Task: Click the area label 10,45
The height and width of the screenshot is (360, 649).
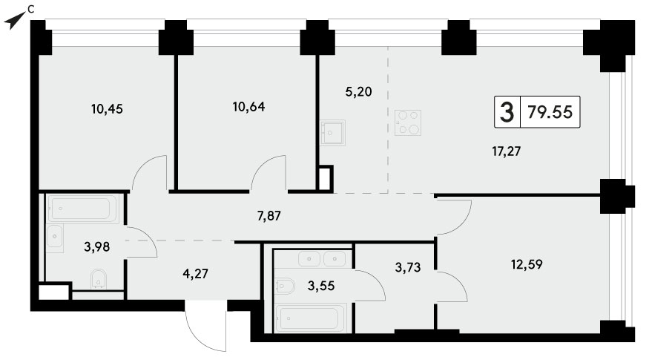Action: click(107, 109)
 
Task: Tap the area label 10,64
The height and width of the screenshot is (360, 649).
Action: click(248, 107)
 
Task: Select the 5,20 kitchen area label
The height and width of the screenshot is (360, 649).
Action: click(358, 91)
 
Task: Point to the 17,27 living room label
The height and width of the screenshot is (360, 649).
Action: click(506, 151)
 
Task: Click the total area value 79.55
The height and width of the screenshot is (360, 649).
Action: click(550, 112)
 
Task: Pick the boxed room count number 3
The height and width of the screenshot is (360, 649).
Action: click(507, 112)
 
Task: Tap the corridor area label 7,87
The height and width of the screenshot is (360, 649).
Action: click(269, 216)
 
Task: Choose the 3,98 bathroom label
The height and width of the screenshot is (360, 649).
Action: click(97, 247)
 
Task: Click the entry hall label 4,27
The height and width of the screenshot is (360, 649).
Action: click(195, 274)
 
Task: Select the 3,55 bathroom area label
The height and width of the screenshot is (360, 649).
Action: click(321, 286)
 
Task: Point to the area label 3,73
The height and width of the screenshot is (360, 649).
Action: click(408, 267)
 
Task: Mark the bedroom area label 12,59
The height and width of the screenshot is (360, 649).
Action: click(527, 264)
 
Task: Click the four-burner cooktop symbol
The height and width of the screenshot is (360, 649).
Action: click(408, 122)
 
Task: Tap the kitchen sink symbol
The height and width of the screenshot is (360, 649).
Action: click(332, 133)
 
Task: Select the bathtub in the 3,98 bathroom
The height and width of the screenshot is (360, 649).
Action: click(84, 209)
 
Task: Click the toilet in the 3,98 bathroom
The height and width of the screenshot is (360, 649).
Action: click(98, 279)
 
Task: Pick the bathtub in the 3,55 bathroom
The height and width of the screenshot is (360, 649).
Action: click(311, 318)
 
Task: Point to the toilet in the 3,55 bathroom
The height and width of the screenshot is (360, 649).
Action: click(285, 286)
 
